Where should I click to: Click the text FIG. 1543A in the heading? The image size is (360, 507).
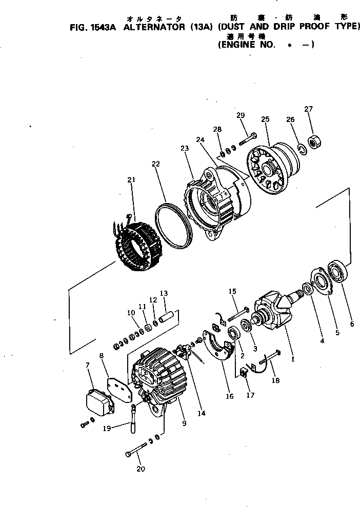(x=92, y=27)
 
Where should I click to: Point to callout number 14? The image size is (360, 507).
(x=202, y=413)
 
